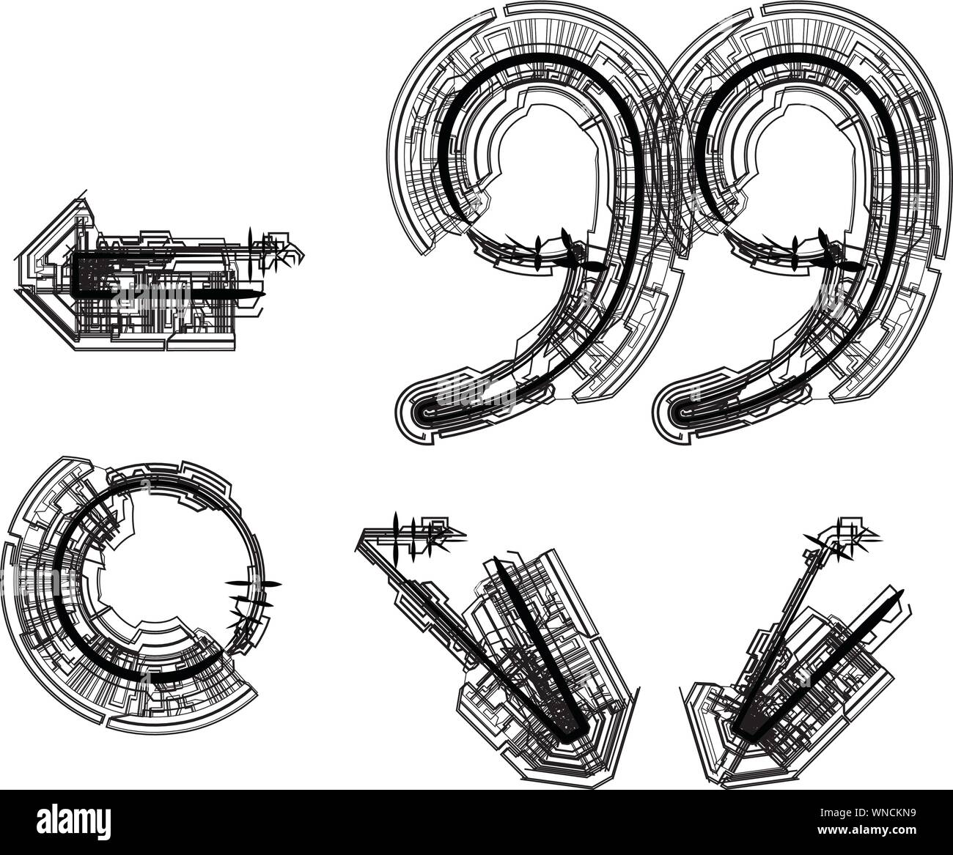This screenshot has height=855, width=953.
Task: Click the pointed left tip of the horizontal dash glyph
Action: [x=18, y=289]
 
